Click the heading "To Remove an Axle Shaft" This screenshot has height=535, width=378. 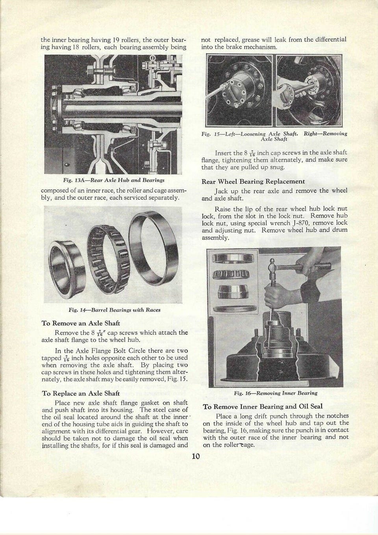click(81, 323)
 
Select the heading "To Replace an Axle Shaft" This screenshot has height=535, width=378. click(81, 393)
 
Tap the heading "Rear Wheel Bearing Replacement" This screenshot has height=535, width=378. click(253, 181)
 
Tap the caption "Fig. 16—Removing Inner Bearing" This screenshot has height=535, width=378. click(275, 393)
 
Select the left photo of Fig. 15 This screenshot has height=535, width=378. click(240, 90)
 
